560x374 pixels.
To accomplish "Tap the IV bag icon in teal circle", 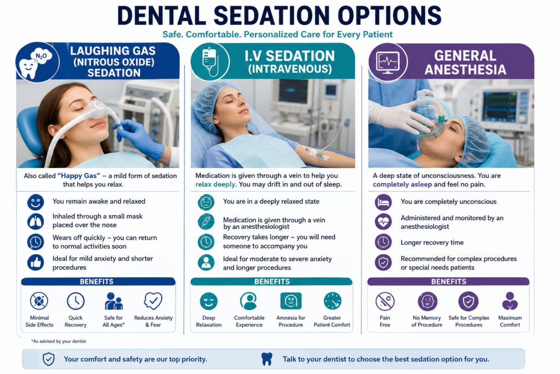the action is click(210, 61).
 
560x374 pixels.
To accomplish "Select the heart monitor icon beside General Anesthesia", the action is click(388, 62).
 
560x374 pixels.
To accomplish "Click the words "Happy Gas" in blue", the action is click(79, 176).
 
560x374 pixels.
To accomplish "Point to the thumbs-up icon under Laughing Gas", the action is click(36, 263).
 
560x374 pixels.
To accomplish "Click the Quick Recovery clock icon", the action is click(75, 301).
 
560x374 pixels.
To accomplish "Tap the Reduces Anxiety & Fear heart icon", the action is click(153, 301).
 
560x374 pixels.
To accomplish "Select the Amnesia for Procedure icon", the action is click(291, 301).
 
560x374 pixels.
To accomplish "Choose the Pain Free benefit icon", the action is click(385, 301).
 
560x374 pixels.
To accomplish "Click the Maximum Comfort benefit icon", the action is click(510, 301).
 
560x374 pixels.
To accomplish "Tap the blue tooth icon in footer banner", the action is click(267, 359).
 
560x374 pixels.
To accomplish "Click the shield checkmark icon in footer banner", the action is click(49, 359).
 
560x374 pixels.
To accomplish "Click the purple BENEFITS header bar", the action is click(448, 281).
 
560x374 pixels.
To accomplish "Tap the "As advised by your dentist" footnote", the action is click(59, 341).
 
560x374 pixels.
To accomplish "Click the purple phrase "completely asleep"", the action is click(402, 185).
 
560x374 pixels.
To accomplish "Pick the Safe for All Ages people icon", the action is click(114, 301).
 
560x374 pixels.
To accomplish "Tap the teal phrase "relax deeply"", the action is click(215, 185).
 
